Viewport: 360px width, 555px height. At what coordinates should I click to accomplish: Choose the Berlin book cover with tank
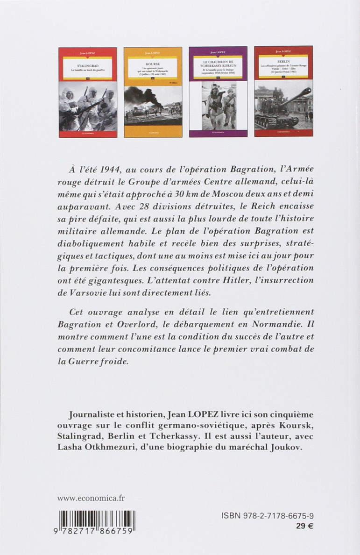click(x=283, y=92)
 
